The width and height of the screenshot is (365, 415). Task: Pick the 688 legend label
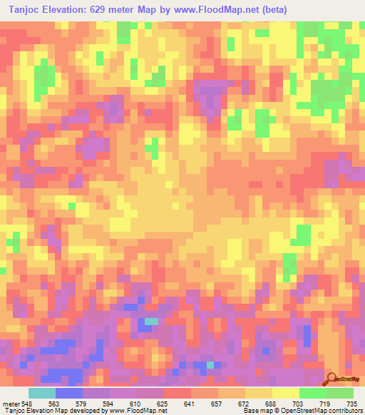[x=273, y=402]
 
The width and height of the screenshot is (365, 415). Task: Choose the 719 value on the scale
[x=327, y=402]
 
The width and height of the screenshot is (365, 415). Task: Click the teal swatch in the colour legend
[x=42, y=393]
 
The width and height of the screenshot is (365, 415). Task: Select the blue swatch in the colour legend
[x=69, y=393]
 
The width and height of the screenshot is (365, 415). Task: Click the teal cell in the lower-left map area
[x=150, y=322]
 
